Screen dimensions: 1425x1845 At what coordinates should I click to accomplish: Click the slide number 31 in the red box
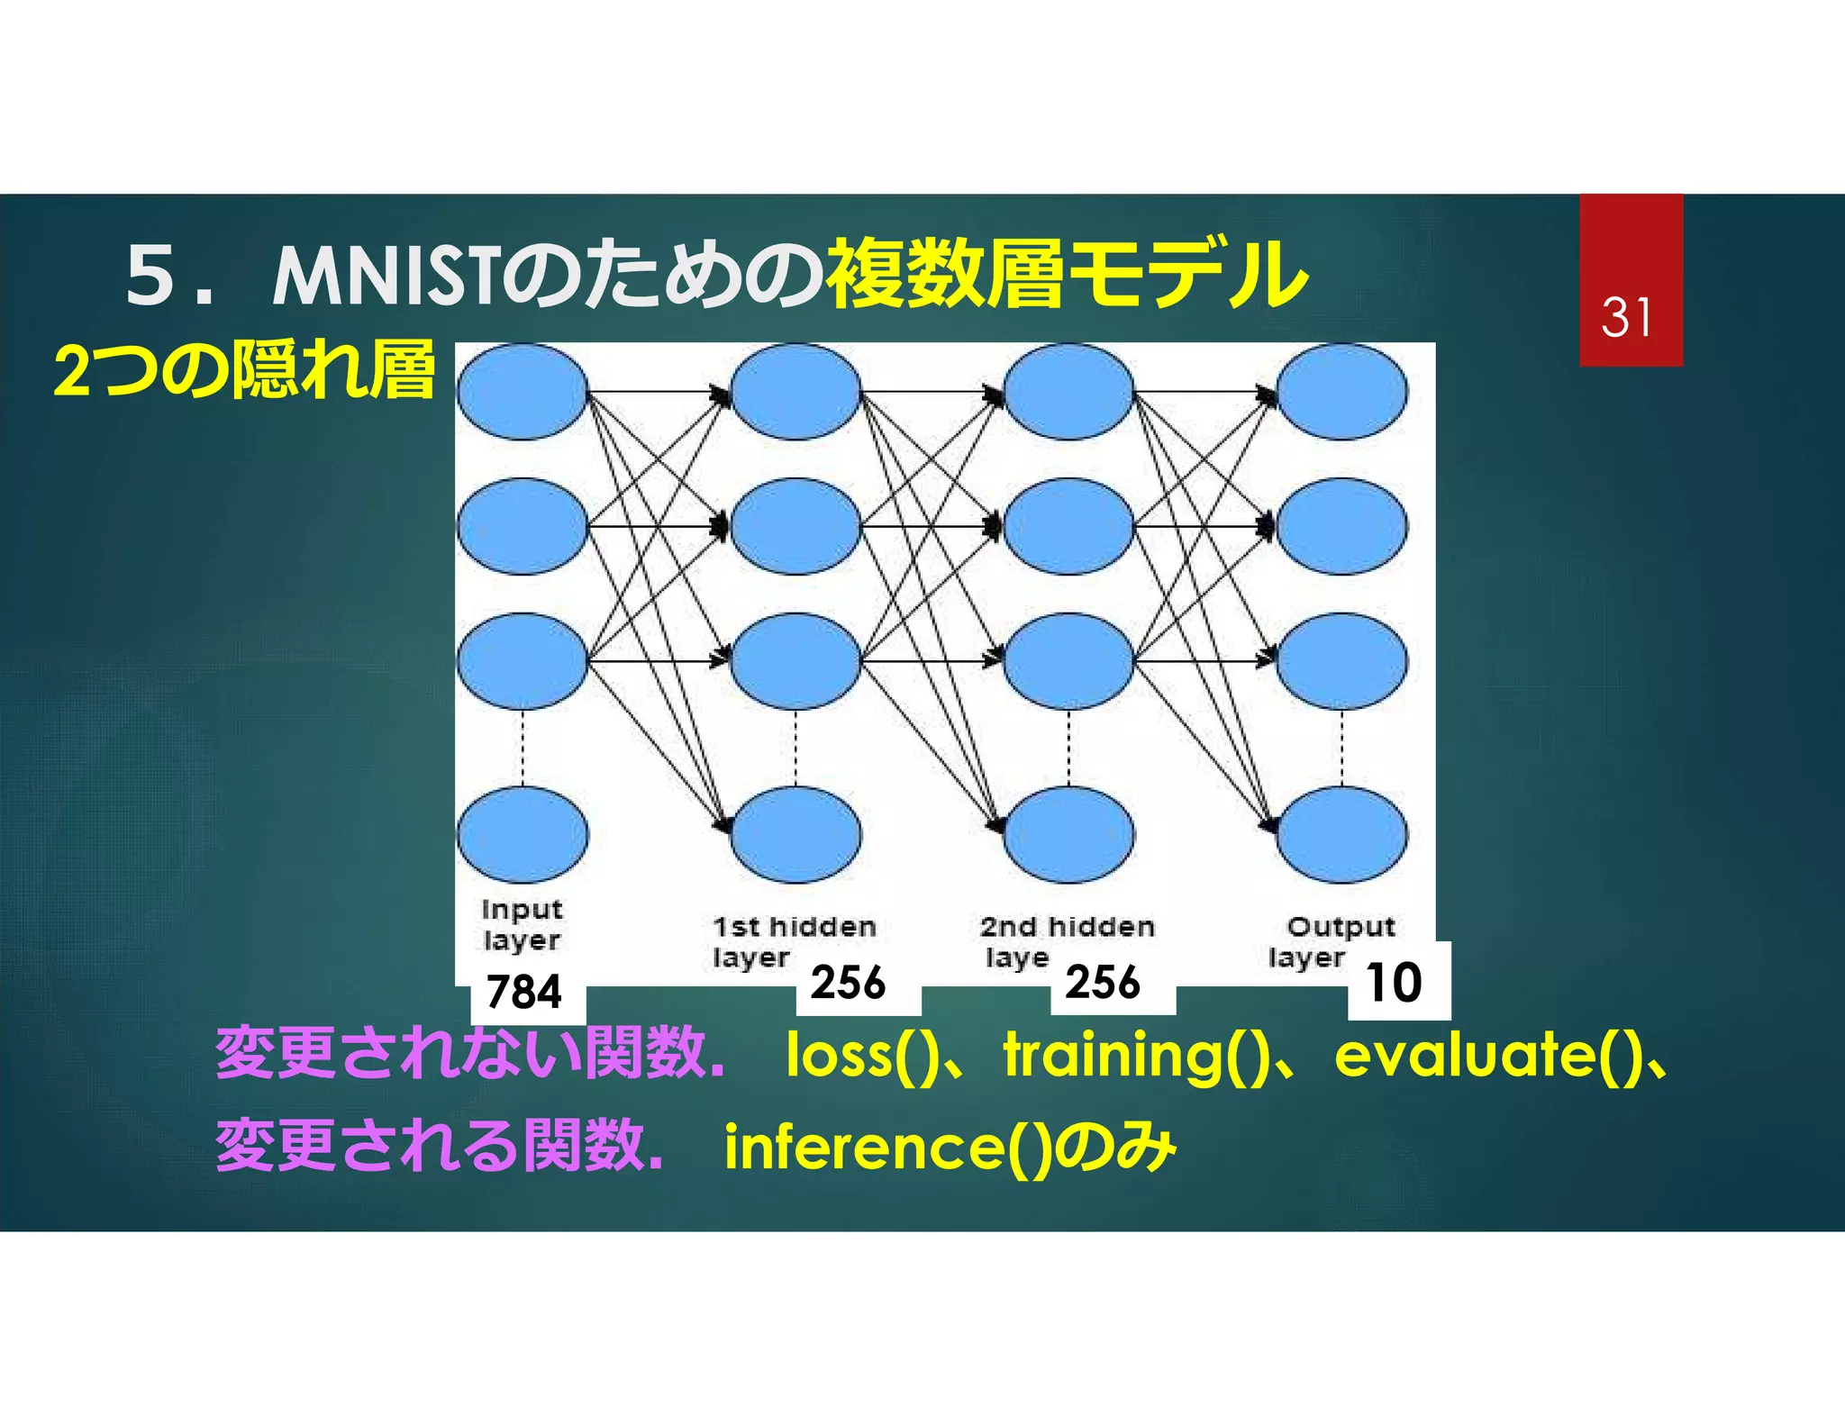click(1627, 317)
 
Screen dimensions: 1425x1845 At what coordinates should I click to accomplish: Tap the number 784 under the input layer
click(523, 992)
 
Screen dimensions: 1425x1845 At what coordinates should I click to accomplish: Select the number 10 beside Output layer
click(1394, 982)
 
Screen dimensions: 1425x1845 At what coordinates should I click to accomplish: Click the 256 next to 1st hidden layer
click(848, 982)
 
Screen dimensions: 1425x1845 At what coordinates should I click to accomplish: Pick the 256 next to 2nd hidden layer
click(1103, 982)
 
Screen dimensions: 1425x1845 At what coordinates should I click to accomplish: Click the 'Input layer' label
click(522, 924)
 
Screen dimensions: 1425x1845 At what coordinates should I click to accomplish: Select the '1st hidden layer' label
click(793, 941)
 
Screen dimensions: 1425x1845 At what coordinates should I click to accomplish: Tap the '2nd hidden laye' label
click(1066, 941)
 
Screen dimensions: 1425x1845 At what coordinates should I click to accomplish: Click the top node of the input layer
click(523, 392)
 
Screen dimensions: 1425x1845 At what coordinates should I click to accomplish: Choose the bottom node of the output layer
click(1341, 834)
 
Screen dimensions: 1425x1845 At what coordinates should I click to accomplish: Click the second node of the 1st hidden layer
click(795, 527)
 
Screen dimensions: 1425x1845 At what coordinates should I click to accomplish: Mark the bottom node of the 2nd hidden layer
click(1068, 834)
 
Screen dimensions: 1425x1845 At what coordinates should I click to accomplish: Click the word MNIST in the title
click(385, 276)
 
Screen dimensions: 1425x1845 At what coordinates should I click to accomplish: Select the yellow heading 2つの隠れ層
click(244, 370)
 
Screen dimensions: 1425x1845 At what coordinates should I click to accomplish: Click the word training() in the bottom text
click(1137, 1055)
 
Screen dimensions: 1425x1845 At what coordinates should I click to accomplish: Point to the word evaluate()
click(1483, 1055)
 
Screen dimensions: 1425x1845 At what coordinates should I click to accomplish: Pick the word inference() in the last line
click(887, 1147)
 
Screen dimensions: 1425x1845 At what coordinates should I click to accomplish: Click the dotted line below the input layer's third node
click(523, 748)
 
